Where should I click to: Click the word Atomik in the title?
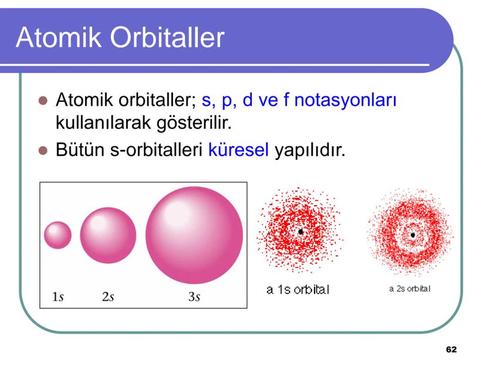(x=59, y=37)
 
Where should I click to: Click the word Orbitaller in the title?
(x=167, y=37)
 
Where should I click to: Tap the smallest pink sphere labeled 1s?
(x=58, y=235)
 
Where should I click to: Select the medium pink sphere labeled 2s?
(x=108, y=235)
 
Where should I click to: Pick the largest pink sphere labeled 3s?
(x=194, y=235)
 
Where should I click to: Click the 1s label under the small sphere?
(x=58, y=297)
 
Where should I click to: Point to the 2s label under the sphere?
(x=108, y=297)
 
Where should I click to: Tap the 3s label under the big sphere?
(x=194, y=297)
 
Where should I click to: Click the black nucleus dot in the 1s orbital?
(x=301, y=232)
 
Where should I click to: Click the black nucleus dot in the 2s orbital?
(x=413, y=235)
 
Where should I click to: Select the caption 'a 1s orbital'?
(x=298, y=290)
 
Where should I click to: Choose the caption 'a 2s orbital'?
(x=410, y=289)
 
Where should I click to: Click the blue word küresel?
(x=238, y=150)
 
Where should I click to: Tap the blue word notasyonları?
(x=345, y=101)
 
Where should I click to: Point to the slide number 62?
(x=451, y=350)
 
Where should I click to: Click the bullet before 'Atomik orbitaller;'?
(x=43, y=101)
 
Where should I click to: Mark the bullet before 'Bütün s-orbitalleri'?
(x=43, y=150)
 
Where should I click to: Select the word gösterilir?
(x=194, y=123)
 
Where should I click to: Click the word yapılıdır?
(x=310, y=150)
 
